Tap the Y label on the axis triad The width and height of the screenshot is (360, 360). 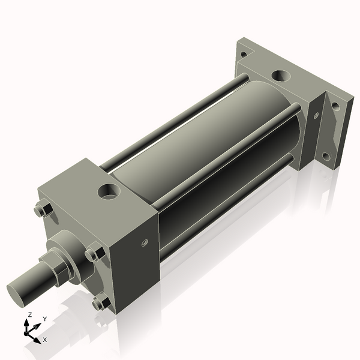pyautogui.click(x=44, y=319)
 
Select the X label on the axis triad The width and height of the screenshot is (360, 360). pyautogui.click(x=44, y=340)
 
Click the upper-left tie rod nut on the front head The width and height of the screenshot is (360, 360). pyautogui.click(x=40, y=211)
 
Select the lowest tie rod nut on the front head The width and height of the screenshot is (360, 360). pyautogui.click(x=98, y=304)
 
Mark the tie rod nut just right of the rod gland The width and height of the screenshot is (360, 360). pyautogui.click(x=91, y=254)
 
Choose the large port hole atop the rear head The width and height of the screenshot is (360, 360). pyautogui.click(x=280, y=76)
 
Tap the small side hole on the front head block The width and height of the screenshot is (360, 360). pyautogui.click(x=144, y=243)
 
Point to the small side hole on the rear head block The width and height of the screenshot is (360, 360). pyautogui.click(x=316, y=116)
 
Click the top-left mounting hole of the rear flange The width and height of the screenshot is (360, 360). pyautogui.click(x=243, y=54)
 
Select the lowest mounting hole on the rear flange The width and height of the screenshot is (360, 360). pyautogui.click(x=326, y=157)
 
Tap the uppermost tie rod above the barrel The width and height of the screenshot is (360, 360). pyautogui.click(x=174, y=120)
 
